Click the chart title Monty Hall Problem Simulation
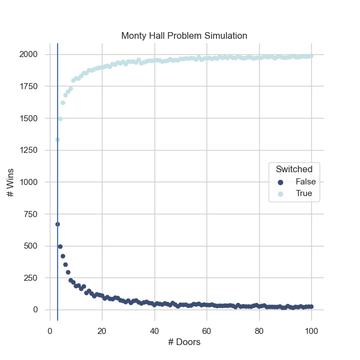coord(184,36)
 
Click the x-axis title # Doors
coord(184,342)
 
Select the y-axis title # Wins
coord(11,182)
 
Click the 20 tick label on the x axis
coord(102,331)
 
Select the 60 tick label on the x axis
coord(207,331)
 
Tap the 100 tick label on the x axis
coord(311,331)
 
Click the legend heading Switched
coord(290,169)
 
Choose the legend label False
coord(306,182)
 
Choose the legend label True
coord(304,194)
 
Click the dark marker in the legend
coord(280,182)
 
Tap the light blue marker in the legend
coord(280,194)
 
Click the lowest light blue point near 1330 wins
coord(58,140)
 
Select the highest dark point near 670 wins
coord(58,224)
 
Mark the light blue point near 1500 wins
coord(60,119)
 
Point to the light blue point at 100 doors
coord(311,55)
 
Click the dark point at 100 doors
coord(311,306)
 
